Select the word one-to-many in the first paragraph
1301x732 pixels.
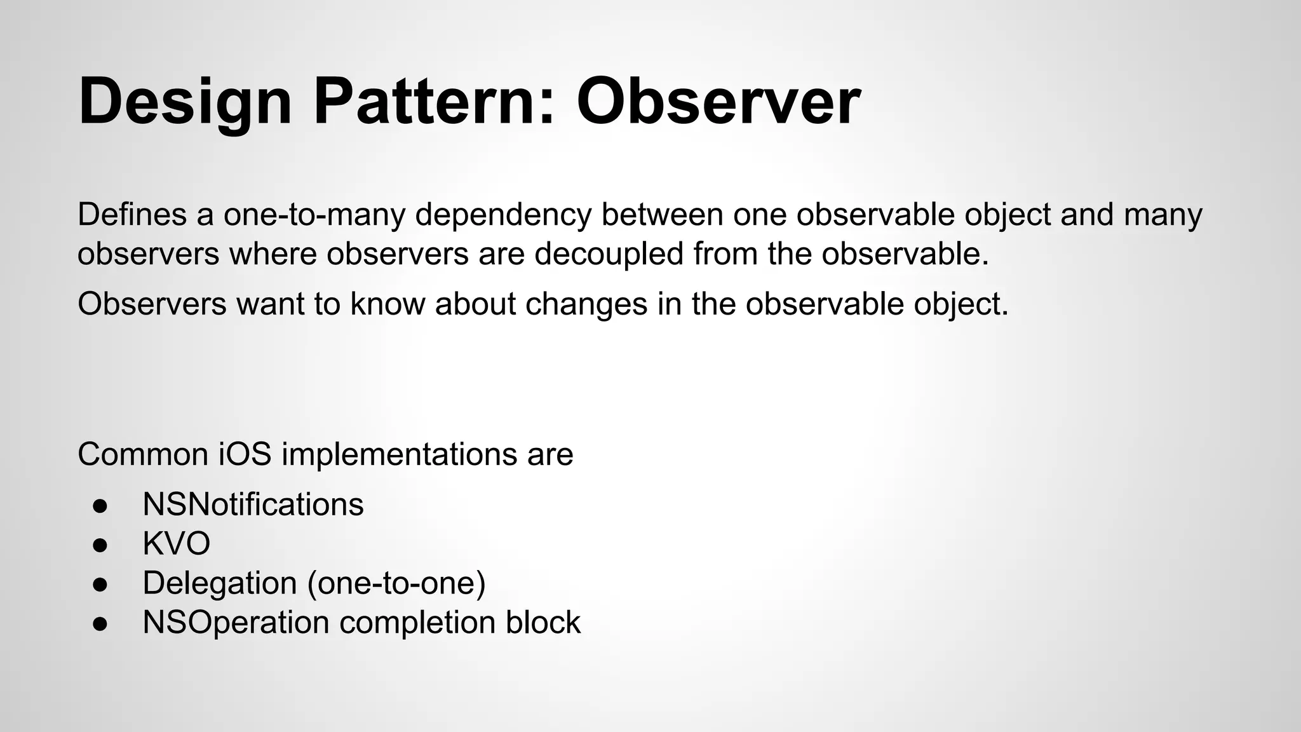[314, 215]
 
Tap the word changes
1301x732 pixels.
[586, 304]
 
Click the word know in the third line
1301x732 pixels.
[388, 304]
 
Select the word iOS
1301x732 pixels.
[245, 454]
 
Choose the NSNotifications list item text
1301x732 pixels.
[253, 505]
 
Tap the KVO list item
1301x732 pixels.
[176, 544]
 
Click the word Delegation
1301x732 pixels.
[220, 583]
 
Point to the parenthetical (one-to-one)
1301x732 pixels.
[396, 583]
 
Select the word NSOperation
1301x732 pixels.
[236, 623]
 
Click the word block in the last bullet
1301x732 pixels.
[543, 622]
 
